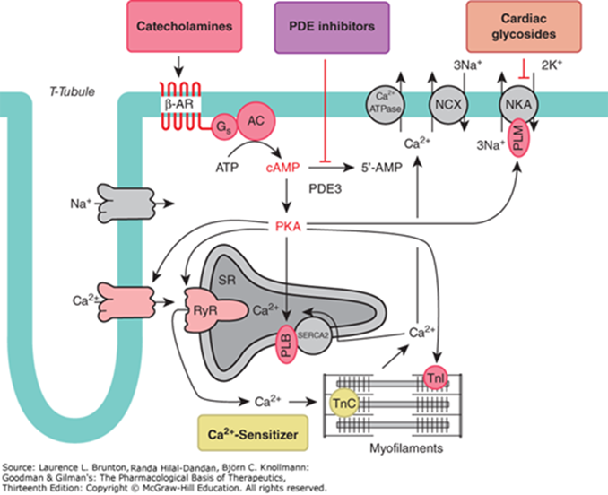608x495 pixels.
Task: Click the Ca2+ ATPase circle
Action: [387, 104]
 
